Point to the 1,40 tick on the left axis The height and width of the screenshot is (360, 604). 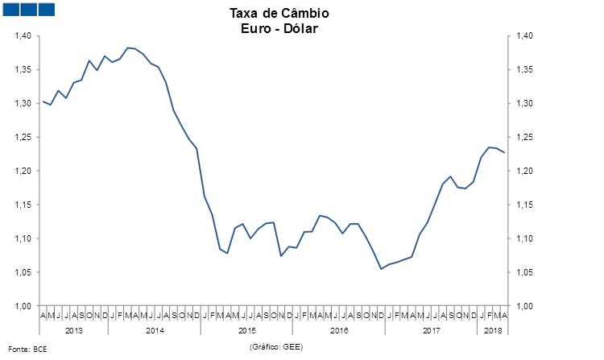click(x=23, y=36)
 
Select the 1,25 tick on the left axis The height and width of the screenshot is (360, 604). click(x=23, y=138)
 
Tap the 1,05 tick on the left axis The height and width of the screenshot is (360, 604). click(x=23, y=273)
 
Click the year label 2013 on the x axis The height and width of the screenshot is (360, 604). click(x=73, y=330)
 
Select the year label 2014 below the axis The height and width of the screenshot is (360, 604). click(x=155, y=330)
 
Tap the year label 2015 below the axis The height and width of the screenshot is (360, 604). click(x=247, y=330)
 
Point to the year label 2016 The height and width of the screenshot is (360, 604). click(x=339, y=330)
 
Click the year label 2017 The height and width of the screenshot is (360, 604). click(x=431, y=330)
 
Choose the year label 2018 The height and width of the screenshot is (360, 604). click(x=492, y=330)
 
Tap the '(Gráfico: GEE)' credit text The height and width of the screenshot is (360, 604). click(x=276, y=346)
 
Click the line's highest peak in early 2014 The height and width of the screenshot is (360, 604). click(x=128, y=48)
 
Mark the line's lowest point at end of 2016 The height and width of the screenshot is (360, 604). click(x=381, y=269)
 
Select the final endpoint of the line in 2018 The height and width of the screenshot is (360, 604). click(x=504, y=153)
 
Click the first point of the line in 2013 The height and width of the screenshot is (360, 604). click(x=42, y=101)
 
